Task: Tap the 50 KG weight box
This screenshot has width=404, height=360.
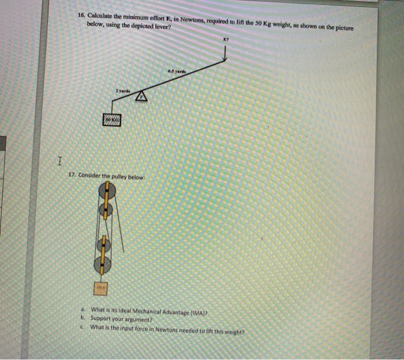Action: click(x=113, y=119)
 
